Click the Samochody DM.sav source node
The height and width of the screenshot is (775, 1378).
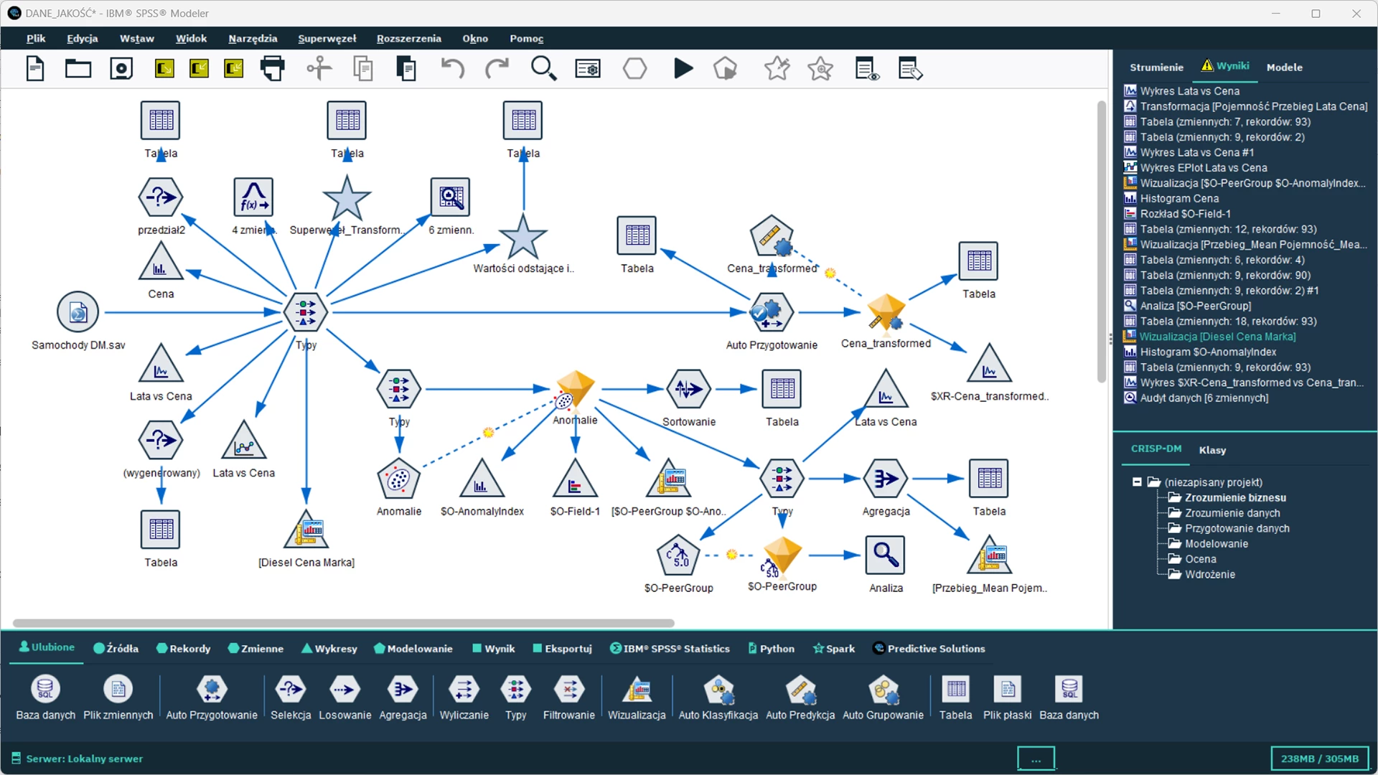point(78,312)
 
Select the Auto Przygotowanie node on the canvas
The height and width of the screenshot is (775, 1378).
point(772,312)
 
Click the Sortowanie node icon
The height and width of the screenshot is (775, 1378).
point(688,389)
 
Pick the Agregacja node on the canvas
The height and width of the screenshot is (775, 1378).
point(886,479)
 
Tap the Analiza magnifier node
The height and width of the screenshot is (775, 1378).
point(886,555)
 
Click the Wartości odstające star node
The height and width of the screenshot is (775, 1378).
point(522,237)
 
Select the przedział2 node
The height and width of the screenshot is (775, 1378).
point(161,197)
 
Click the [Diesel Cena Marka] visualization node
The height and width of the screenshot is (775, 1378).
point(306,530)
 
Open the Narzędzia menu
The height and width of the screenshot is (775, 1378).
point(253,39)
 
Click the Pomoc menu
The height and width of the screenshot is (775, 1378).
point(526,39)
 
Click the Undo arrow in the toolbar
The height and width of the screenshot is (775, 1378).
point(452,69)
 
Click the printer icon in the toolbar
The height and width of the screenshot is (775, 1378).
point(272,69)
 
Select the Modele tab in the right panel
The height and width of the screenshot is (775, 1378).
point(1284,67)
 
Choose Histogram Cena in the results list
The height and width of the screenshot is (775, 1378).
point(1179,199)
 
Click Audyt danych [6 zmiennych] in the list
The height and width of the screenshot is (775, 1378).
point(1204,398)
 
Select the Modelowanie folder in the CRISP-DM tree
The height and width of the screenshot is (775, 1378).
point(1216,544)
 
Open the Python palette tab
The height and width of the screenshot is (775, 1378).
point(772,649)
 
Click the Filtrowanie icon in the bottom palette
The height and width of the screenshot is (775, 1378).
point(568,690)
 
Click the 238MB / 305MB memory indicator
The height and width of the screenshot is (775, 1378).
point(1319,758)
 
